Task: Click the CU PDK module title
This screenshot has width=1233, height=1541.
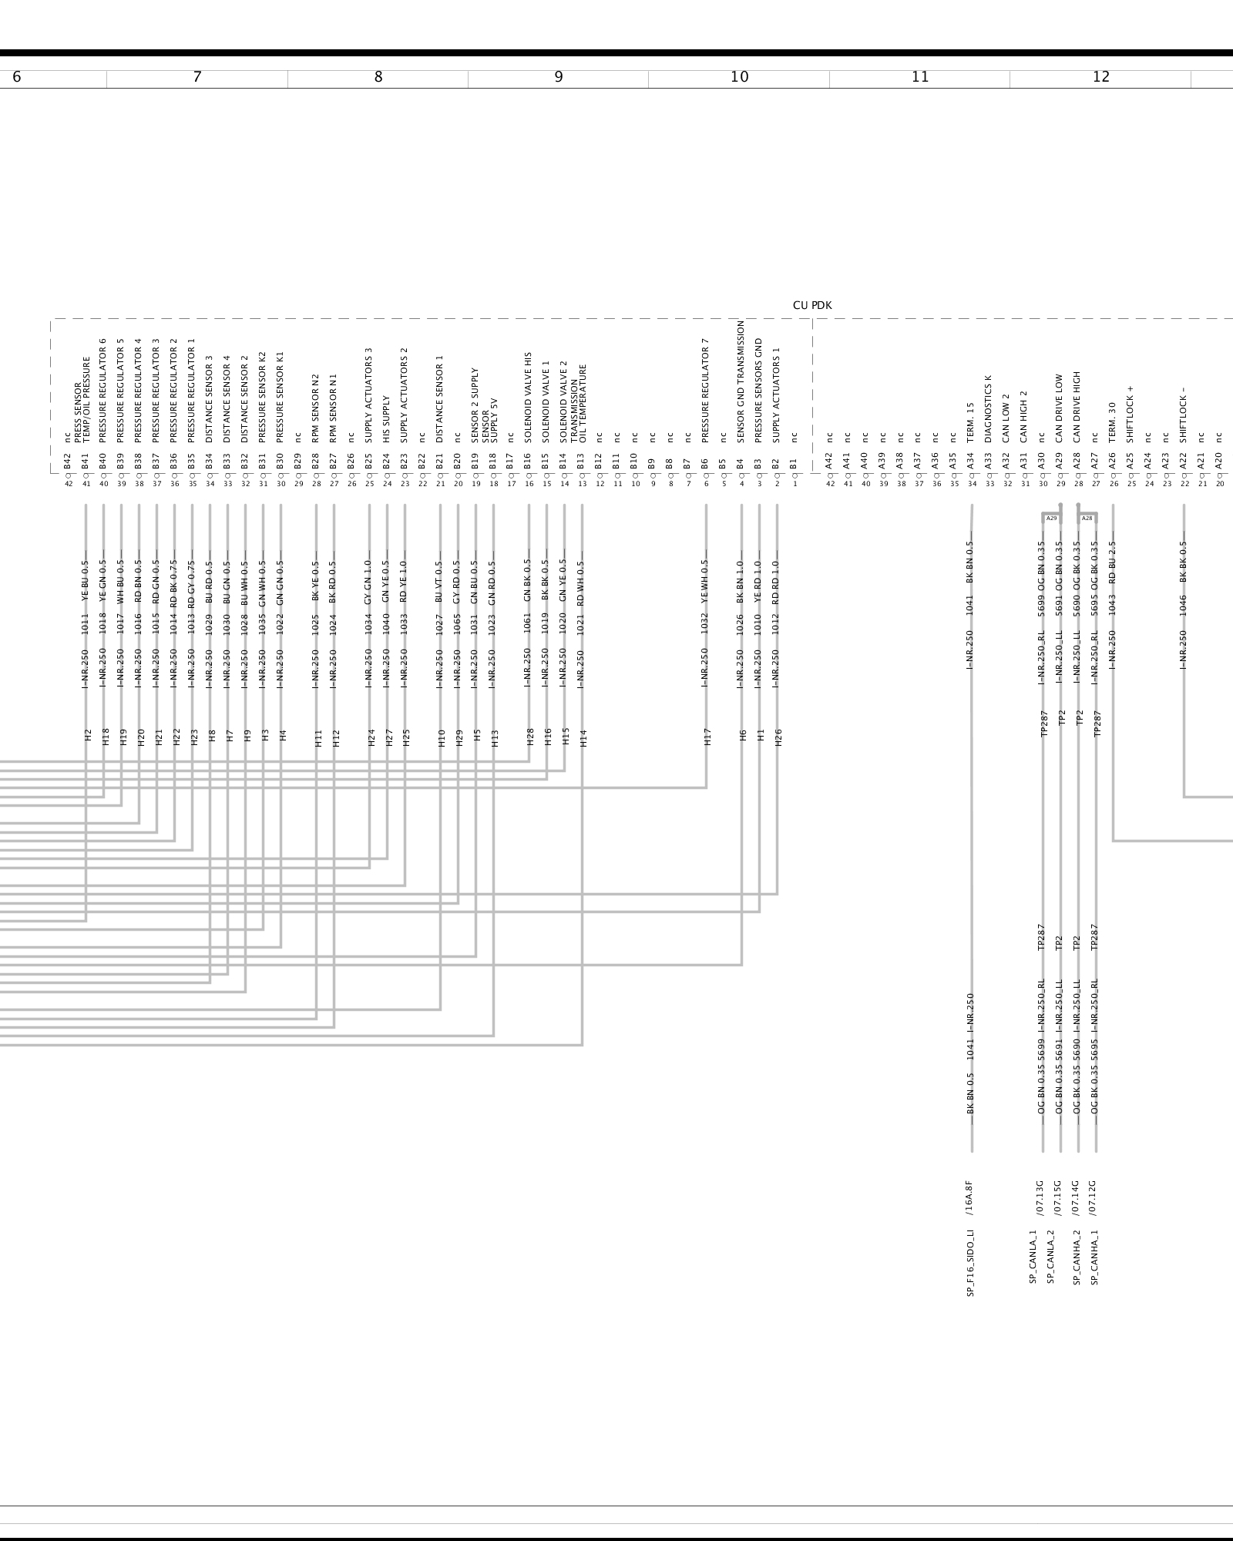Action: pyautogui.click(x=812, y=306)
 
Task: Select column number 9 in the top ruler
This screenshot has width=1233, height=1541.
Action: pyautogui.click(x=559, y=77)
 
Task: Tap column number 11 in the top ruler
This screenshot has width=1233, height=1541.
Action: pyautogui.click(x=920, y=77)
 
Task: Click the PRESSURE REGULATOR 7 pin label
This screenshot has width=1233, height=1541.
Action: pyautogui.click(x=705, y=395)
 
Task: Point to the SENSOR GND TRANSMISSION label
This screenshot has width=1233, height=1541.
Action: pyautogui.click(x=741, y=381)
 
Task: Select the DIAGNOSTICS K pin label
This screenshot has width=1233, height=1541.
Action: pyautogui.click(x=989, y=409)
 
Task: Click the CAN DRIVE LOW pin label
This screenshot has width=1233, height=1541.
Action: pyautogui.click(x=1060, y=408)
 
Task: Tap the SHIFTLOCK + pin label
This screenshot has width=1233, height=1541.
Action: pyautogui.click(x=1131, y=415)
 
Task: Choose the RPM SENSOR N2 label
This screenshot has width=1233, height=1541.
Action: pyautogui.click(x=315, y=408)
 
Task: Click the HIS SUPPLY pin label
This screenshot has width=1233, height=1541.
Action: pyautogui.click(x=387, y=419)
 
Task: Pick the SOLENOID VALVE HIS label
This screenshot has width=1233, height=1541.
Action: pyautogui.click(x=529, y=398)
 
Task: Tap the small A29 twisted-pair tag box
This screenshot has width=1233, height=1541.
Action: pyautogui.click(x=1051, y=519)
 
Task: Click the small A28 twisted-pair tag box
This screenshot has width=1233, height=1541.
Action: pyautogui.click(x=1087, y=519)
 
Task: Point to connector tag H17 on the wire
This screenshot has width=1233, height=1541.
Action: pyautogui.click(x=707, y=737)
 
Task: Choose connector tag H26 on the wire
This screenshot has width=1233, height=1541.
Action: pyautogui.click(x=778, y=737)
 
